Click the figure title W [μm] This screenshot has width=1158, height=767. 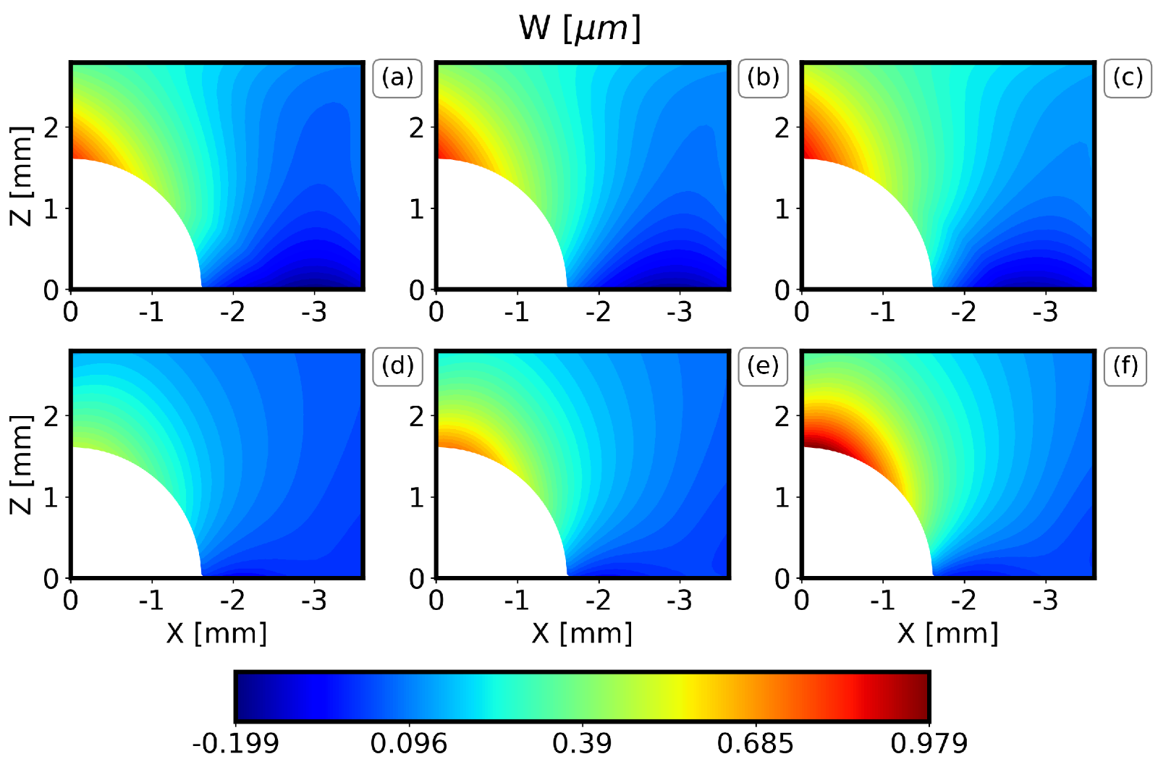click(580, 29)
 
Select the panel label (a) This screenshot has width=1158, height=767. click(397, 77)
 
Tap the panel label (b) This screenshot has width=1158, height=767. click(763, 77)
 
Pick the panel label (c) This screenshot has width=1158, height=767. click(1128, 77)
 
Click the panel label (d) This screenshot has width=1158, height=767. click(397, 366)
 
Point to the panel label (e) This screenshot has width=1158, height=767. click(763, 366)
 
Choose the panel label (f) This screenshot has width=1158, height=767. click(1126, 366)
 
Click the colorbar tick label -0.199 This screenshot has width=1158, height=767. click(235, 744)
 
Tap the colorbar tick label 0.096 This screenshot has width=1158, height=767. click(409, 744)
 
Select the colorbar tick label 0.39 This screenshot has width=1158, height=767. click(582, 744)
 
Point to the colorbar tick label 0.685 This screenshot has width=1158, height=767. click(755, 744)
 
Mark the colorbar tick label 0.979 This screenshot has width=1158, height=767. click(929, 744)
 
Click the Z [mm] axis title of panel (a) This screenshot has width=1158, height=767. click(22, 176)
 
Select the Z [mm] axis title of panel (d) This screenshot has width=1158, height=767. click(22, 465)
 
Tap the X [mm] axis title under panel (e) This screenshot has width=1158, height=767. click(582, 634)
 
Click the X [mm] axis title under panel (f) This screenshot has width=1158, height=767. click(947, 634)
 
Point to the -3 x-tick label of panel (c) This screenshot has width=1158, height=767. click(1045, 313)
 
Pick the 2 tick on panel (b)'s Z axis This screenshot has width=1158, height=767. click(417, 128)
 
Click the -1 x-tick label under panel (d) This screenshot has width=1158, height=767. click(151, 601)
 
